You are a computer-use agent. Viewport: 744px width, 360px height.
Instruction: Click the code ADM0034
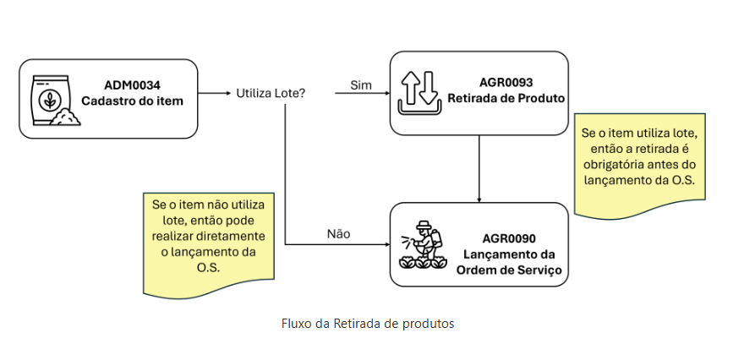(133, 85)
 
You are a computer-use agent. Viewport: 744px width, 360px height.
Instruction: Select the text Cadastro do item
(132, 101)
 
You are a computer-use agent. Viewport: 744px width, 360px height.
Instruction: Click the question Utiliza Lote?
(271, 93)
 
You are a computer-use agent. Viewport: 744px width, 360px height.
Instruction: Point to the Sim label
(361, 85)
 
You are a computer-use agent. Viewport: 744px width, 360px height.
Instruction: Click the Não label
(338, 234)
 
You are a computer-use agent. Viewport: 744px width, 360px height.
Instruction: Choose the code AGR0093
(506, 82)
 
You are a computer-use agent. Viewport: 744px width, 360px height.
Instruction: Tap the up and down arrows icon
(419, 93)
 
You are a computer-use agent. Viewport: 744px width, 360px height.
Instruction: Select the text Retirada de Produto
(506, 98)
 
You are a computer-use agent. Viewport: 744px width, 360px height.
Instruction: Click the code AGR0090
(509, 238)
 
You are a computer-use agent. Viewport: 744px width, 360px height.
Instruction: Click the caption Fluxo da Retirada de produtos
(368, 324)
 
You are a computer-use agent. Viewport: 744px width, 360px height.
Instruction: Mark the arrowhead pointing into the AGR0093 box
(385, 93)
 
